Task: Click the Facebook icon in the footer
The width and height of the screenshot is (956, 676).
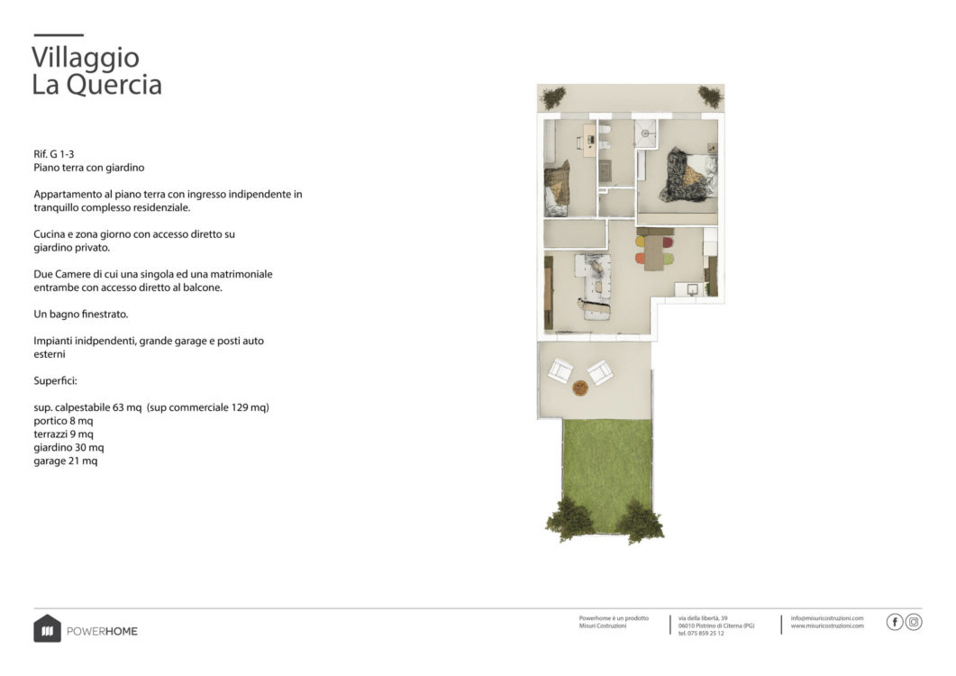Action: click(895, 622)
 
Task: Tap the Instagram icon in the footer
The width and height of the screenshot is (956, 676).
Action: click(914, 622)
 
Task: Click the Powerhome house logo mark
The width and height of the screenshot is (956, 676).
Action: click(47, 628)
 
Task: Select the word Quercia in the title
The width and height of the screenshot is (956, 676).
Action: click(114, 84)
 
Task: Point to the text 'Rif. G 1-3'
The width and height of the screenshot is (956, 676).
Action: click(54, 154)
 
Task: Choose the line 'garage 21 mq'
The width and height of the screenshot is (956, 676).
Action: click(65, 461)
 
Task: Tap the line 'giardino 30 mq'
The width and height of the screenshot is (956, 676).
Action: click(68, 448)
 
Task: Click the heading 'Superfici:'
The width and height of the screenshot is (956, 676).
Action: click(56, 380)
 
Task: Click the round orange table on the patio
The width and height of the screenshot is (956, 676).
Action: click(580, 388)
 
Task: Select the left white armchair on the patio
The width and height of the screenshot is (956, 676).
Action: click(560, 370)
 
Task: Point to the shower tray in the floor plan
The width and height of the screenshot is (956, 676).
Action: click(645, 133)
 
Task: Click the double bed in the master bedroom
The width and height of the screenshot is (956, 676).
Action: click(688, 175)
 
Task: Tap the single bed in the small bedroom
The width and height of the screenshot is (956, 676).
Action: click(557, 189)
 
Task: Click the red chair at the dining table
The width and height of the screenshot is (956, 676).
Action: click(668, 242)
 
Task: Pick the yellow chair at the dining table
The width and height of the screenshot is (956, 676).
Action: click(640, 242)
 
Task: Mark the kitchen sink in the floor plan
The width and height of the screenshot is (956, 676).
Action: click(692, 289)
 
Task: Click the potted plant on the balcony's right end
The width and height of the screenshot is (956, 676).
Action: click(710, 96)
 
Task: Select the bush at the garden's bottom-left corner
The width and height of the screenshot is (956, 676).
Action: click(569, 518)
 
